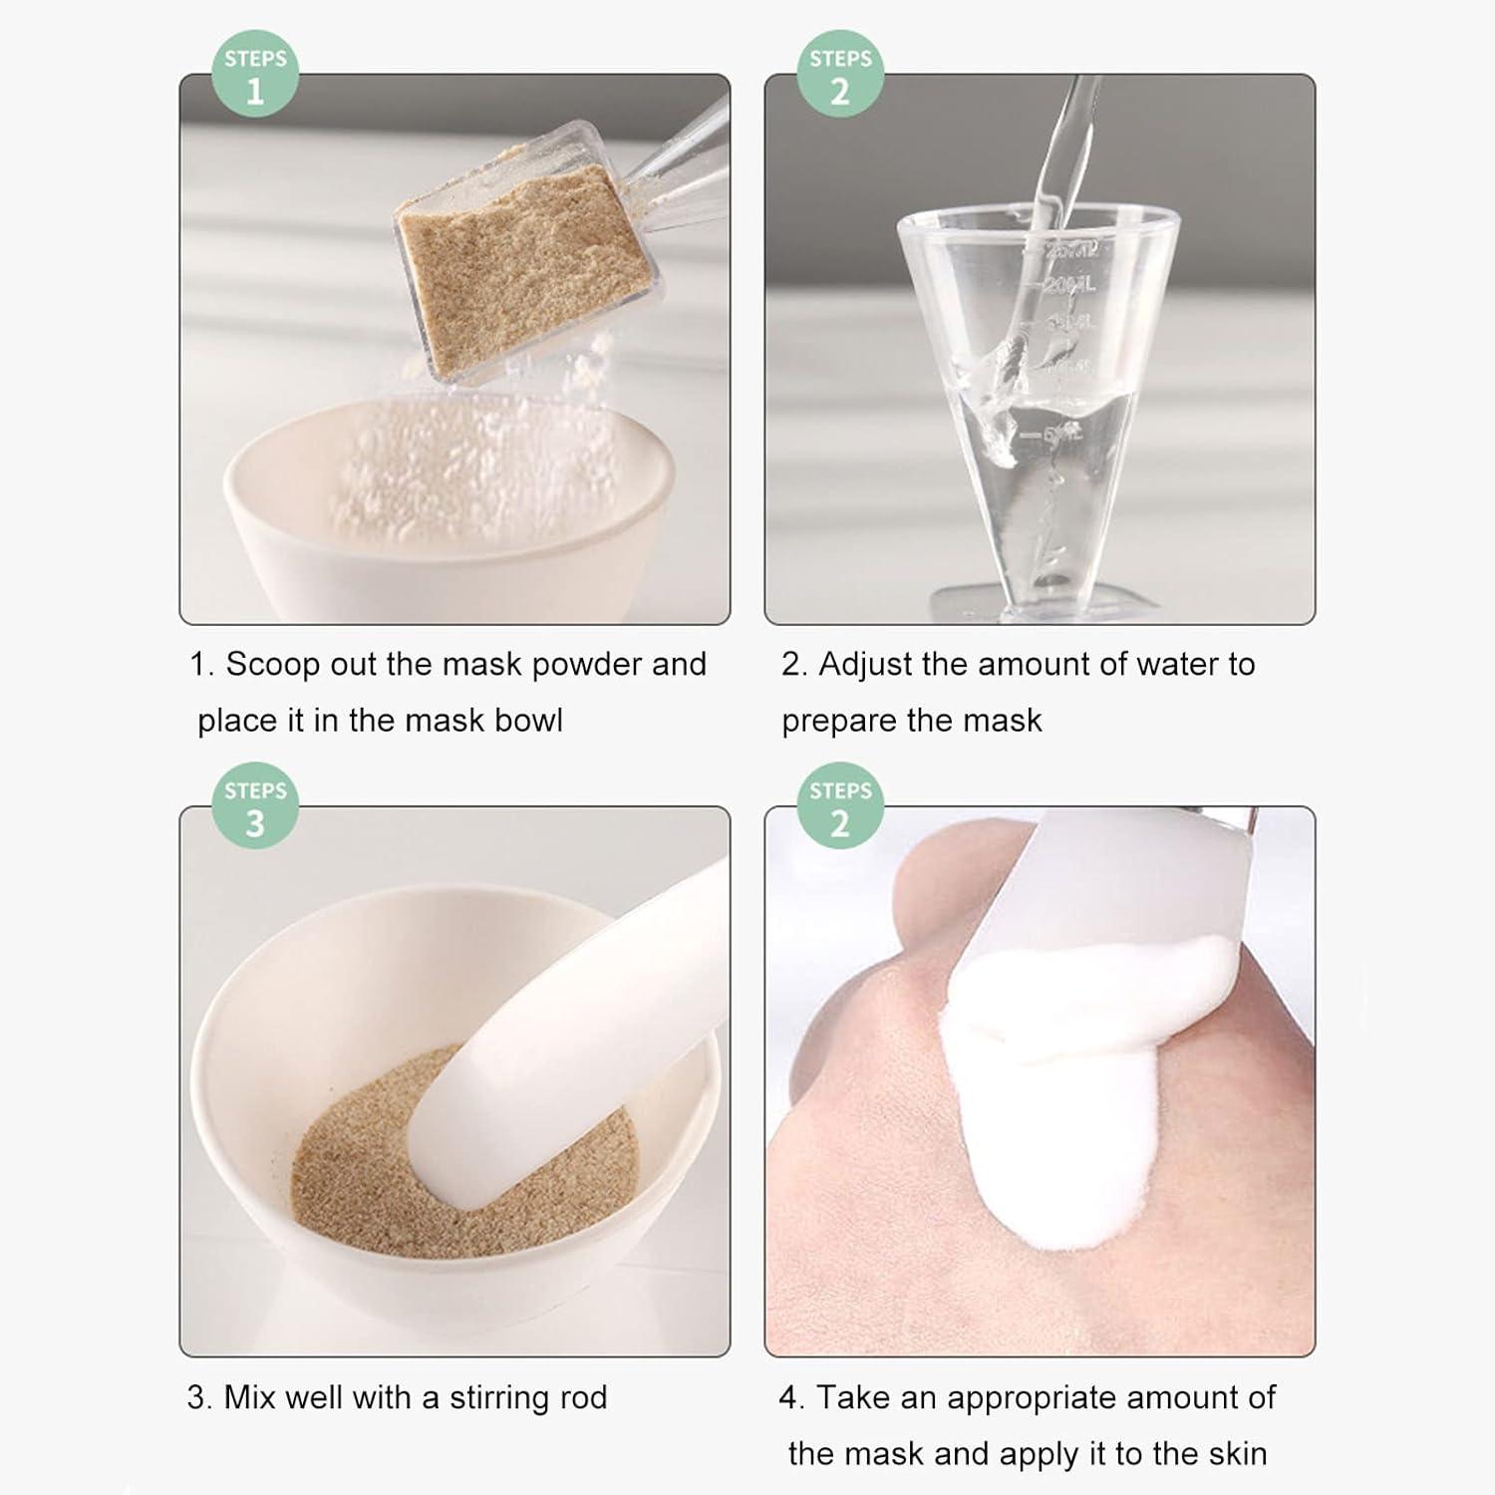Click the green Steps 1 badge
(x=255, y=75)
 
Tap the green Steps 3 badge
(x=255, y=806)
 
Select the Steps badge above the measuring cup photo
(x=840, y=75)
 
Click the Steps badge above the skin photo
(x=840, y=806)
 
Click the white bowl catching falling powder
(x=448, y=518)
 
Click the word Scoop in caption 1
(x=272, y=665)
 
